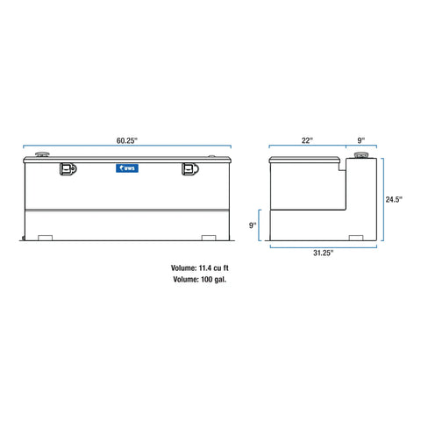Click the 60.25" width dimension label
point(127,138)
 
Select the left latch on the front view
point(64,170)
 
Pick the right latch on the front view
point(189,170)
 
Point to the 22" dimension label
point(305,138)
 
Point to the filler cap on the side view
point(360,156)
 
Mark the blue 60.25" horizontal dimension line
point(127,147)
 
